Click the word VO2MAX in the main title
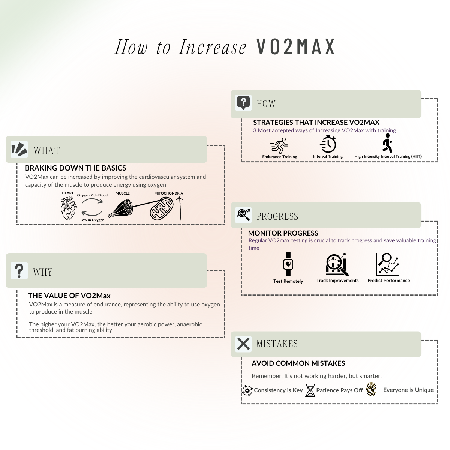(x=296, y=47)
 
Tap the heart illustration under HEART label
(x=69, y=209)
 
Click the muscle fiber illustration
(x=121, y=208)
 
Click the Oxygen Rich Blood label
(x=92, y=195)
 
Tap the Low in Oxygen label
(x=92, y=220)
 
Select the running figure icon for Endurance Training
(x=279, y=146)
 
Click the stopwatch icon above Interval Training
(x=328, y=144)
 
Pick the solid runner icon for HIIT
(x=387, y=143)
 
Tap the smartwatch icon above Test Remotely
(x=288, y=264)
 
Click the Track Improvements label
(x=337, y=280)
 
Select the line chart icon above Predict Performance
(x=387, y=264)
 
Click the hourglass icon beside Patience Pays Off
(x=310, y=390)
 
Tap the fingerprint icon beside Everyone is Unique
(x=371, y=390)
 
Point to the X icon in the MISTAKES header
(x=243, y=343)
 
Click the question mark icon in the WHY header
(x=19, y=270)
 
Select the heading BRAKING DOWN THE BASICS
(x=75, y=168)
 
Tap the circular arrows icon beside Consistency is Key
(x=247, y=390)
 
